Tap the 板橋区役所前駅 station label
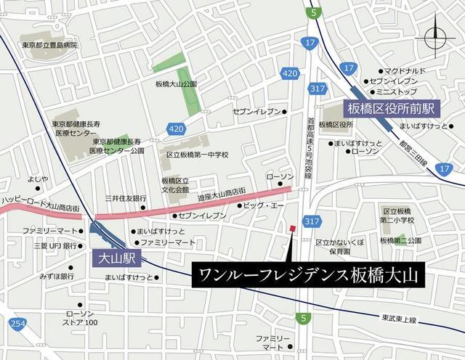point(390,109)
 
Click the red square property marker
point(292,229)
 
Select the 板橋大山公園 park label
point(176,84)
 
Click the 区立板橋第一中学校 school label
point(197,155)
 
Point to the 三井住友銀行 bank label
point(125,197)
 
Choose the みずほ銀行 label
point(57,277)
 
